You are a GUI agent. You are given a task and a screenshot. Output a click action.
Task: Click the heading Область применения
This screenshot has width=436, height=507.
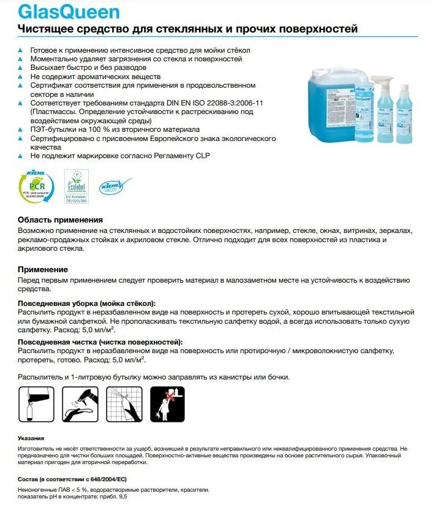(x=60, y=220)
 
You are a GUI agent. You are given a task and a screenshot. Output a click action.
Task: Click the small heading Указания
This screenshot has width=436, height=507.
(x=31, y=438)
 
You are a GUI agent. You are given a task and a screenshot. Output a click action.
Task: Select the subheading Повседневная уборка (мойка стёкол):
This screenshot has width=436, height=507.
(x=86, y=303)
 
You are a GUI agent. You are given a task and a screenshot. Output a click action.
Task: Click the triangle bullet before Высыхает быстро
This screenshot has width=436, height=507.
(x=21, y=68)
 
